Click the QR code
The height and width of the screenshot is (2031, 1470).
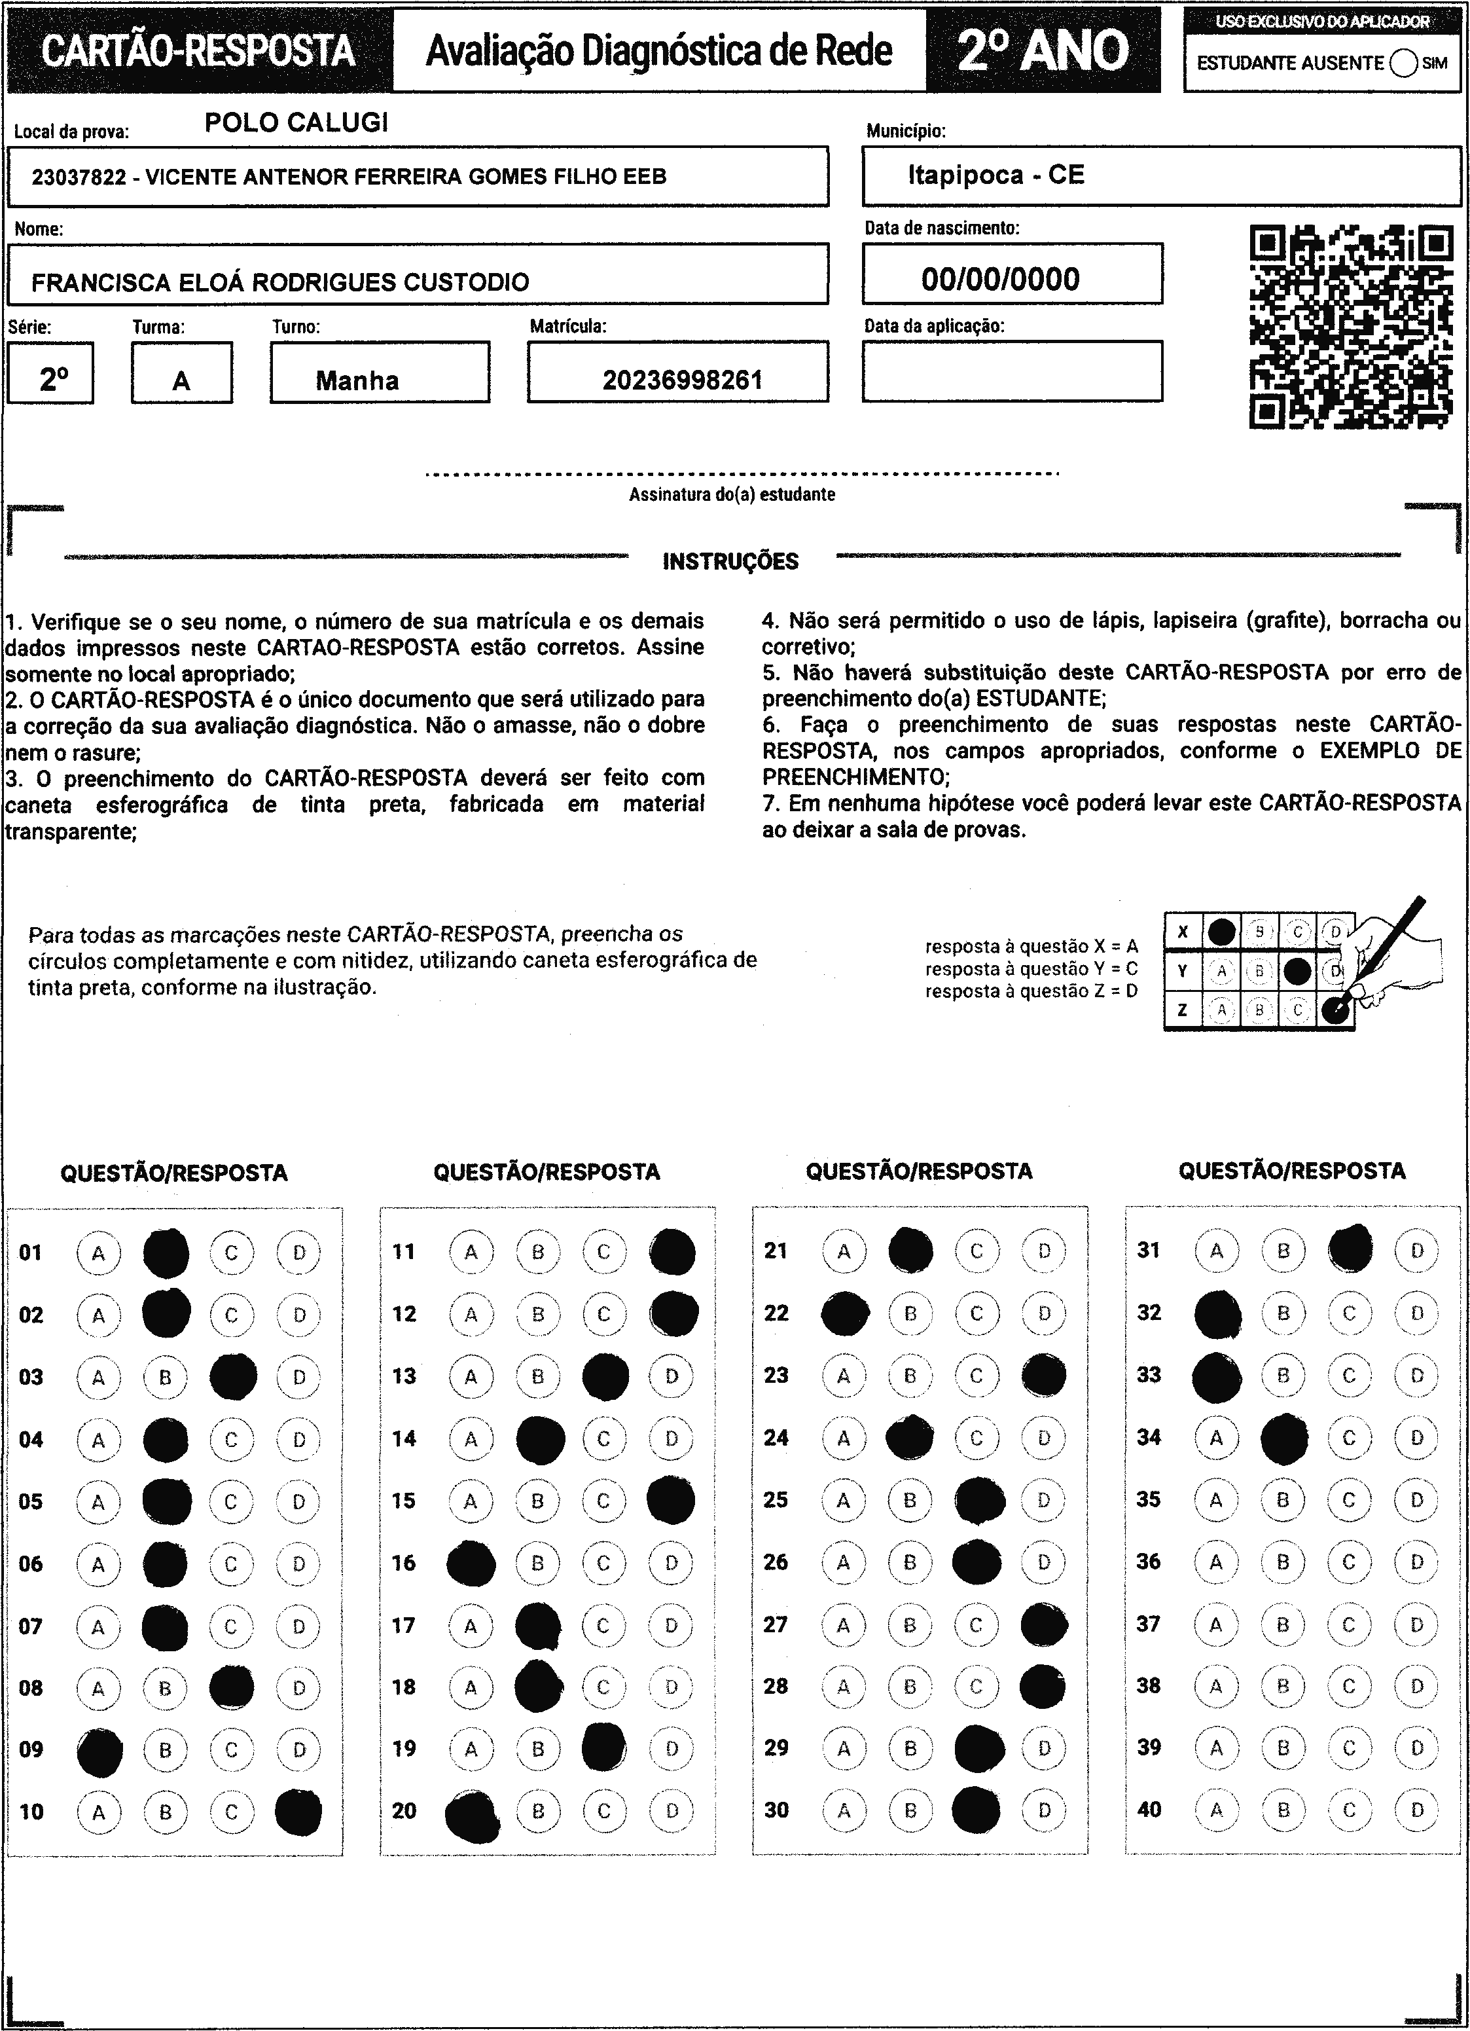coord(1351,327)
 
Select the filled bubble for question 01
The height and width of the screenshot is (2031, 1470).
coord(166,1253)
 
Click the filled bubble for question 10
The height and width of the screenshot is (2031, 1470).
coord(298,1812)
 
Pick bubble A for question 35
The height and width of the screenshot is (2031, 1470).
coord(1216,1500)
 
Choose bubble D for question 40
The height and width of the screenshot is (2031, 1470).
coord(1417,1810)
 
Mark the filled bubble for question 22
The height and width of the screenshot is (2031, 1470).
coord(844,1313)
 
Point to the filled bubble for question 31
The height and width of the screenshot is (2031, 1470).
coord(1350,1249)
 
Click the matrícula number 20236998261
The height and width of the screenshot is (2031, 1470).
coord(682,380)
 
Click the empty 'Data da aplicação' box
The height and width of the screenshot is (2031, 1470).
coord(1013,372)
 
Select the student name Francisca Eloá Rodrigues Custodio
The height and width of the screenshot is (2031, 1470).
coord(280,282)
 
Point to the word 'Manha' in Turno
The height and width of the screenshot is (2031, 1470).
coord(357,380)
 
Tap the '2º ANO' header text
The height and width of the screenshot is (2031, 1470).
coord(1043,51)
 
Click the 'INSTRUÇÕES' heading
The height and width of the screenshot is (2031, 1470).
coord(730,562)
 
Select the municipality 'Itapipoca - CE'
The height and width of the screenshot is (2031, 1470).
coord(995,175)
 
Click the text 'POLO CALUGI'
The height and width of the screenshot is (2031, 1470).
coord(296,122)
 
